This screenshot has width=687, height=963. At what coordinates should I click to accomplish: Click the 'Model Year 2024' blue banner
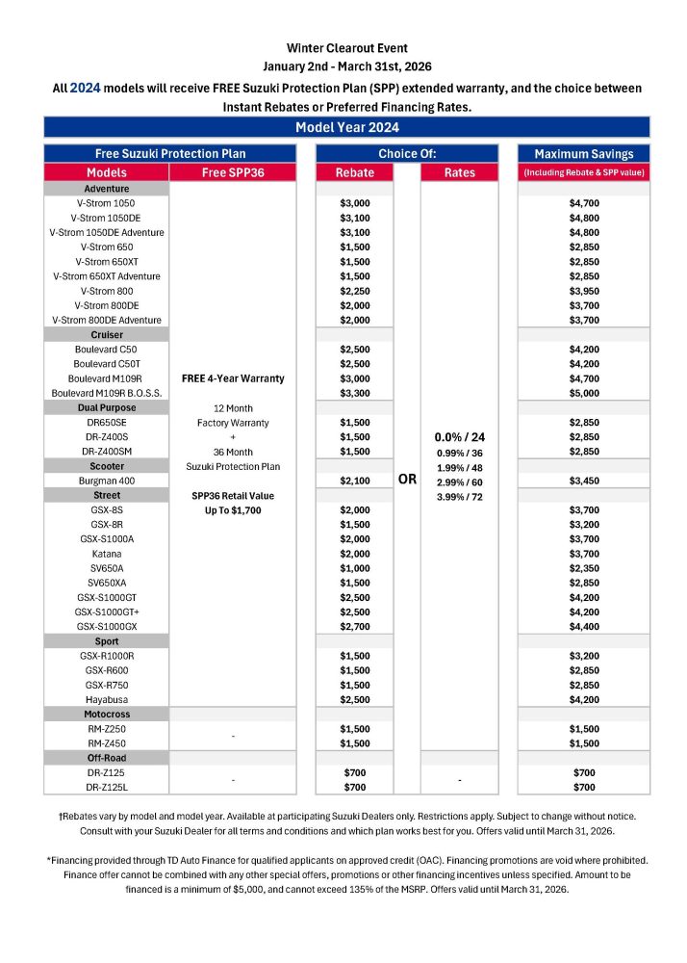(x=346, y=127)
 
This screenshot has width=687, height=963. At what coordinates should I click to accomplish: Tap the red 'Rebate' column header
(x=355, y=172)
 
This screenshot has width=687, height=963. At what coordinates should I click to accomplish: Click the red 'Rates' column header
(x=459, y=172)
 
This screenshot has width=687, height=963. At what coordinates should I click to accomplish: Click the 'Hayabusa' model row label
(x=106, y=699)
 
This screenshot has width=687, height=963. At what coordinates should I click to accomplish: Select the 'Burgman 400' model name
(x=106, y=480)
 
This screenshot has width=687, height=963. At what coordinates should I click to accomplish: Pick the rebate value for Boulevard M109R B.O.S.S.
(x=355, y=393)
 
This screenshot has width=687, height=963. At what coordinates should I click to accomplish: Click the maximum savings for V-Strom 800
(x=583, y=291)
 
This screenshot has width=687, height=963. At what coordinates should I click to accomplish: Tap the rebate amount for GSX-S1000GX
(x=355, y=626)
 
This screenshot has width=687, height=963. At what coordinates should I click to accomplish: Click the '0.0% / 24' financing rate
(x=459, y=436)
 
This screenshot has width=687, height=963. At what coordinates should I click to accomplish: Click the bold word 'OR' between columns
(x=407, y=479)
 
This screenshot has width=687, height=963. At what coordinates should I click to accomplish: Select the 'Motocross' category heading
(x=106, y=715)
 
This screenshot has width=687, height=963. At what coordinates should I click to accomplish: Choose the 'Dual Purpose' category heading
(x=106, y=407)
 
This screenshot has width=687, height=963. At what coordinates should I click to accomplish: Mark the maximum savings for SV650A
(x=583, y=568)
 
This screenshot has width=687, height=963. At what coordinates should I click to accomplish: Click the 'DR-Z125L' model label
(x=106, y=787)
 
